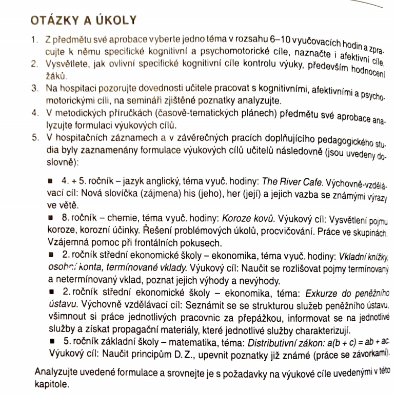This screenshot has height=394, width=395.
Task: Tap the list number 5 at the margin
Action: point(34,137)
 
